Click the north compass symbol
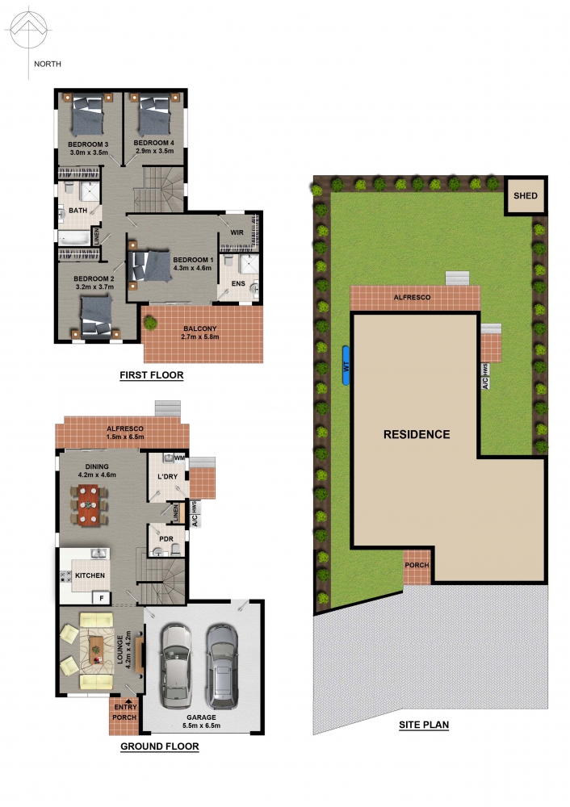(x=29, y=31)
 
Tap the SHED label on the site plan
(x=526, y=195)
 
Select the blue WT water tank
(x=346, y=366)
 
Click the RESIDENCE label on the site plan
(x=417, y=434)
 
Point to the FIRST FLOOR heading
(x=152, y=375)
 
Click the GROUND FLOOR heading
(x=160, y=746)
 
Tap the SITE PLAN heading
(x=424, y=725)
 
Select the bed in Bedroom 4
(x=154, y=116)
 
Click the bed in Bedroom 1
(x=150, y=266)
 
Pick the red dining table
(x=89, y=505)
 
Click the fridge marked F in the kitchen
(x=102, y=597)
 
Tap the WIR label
(x=237, y=232)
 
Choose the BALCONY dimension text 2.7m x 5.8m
(x=199, y=337)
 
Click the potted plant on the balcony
(x=150, y=324)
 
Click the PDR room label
(x=166, y=539)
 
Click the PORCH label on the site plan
(x=417, y=565)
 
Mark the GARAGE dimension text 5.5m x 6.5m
(x=201, y=725)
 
